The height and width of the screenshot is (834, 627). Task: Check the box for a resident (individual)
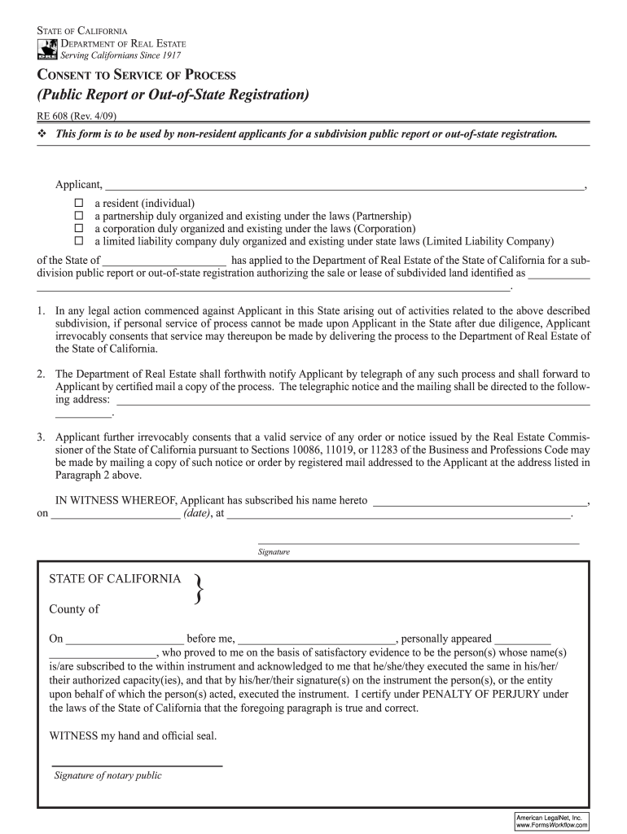click(79, 203)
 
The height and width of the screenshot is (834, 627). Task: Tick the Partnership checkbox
click(79, 216)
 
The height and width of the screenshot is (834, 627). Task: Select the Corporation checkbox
click(79, 229)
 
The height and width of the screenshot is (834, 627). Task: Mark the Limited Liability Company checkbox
click(79, 242)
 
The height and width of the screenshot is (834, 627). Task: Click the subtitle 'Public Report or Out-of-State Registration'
click(173, 95)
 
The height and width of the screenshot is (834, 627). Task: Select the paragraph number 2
click(41, 374)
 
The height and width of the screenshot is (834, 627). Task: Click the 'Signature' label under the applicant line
click(274, 552)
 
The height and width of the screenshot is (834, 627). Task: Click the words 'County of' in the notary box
click(74, 609)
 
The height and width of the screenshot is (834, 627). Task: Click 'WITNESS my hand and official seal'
click(134, 735)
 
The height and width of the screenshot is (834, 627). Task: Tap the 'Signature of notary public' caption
click(107, 775)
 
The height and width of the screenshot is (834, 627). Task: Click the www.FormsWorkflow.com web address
click(551, 825)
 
